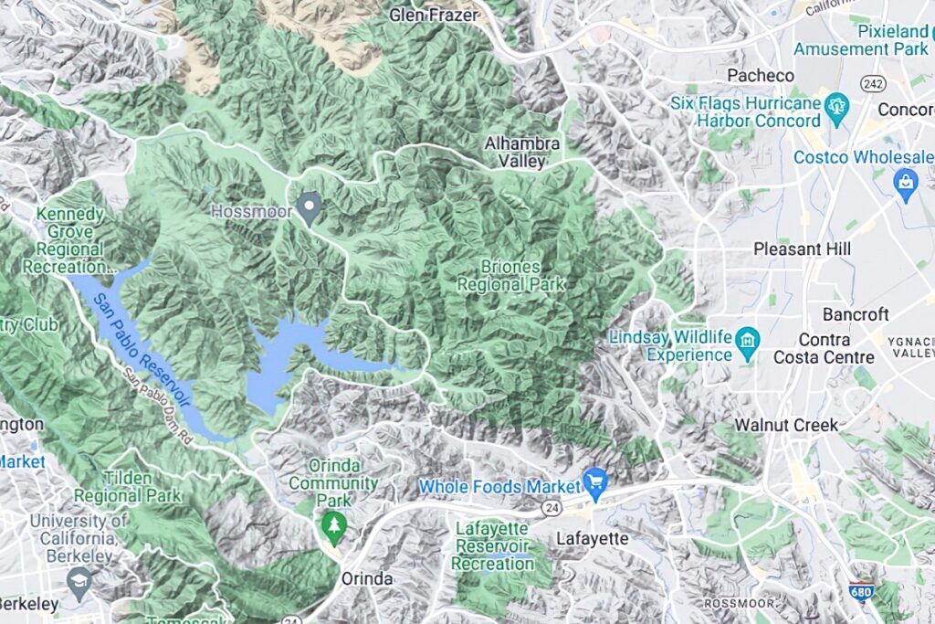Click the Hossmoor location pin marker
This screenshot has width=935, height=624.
point(310,207)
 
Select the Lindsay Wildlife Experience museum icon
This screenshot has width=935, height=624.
point(748,343)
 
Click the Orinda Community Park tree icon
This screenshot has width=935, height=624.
point(333,527)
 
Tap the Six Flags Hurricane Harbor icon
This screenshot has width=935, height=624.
point(836,109)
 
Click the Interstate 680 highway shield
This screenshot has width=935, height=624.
point(860,593)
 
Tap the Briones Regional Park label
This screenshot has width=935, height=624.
point(510,275)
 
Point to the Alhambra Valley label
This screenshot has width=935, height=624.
point(515,152)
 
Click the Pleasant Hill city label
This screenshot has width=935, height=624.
point(802,249)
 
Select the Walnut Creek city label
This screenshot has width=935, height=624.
point(786,425)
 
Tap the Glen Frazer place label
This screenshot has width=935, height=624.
point(433,15)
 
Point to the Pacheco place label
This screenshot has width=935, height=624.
point(760,75)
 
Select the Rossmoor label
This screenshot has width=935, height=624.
point(740,603)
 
